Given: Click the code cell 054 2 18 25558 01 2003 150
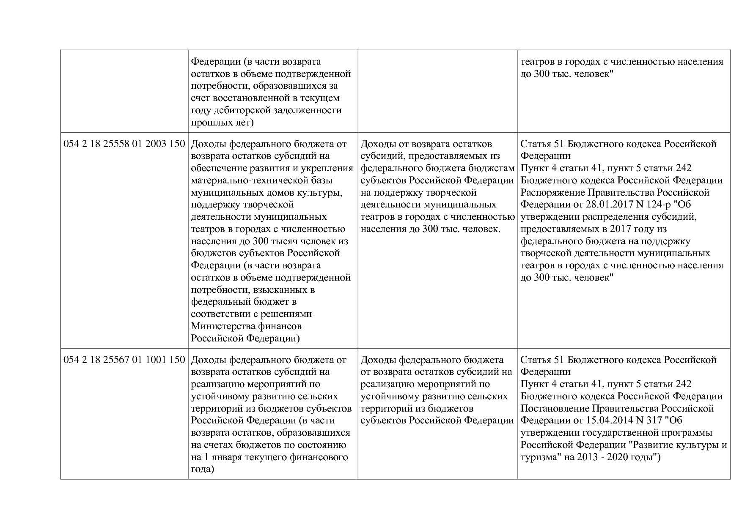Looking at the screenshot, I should (x=124, y=144).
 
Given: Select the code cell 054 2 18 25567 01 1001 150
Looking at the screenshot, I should (x=124, y=360).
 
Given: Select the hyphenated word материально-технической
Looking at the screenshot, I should (x=261, y=180).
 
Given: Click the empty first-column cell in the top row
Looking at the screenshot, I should (x=124, y=91).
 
